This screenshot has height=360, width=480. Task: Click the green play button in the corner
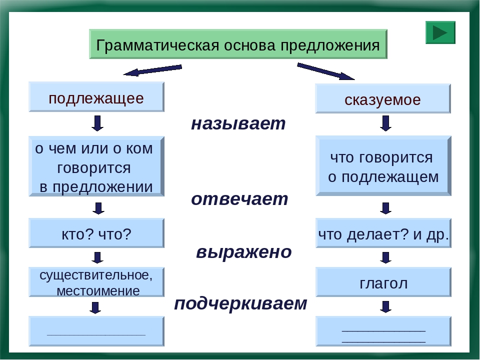[440, 32]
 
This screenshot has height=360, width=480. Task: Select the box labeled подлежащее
[96, 97]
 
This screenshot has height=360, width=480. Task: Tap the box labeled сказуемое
[383, 99]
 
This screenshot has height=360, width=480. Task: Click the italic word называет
[238, 123]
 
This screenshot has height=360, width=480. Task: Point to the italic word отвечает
[239, 199]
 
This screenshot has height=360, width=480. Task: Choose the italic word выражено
[243, 251]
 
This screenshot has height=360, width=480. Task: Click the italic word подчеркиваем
[240, 303]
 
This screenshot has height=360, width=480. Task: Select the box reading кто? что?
[96, 233]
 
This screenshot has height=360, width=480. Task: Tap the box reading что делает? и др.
[383, 233]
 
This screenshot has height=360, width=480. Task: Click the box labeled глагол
[383, 283]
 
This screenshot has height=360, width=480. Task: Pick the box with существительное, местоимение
[96, 282]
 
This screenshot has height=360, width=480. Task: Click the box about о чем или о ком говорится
[96, 166]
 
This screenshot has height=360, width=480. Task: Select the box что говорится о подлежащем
[383, 166]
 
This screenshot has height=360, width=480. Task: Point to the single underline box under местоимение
[96, 331]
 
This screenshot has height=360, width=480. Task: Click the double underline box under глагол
[383, 331]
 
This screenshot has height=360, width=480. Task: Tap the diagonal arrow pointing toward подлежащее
[152, 70]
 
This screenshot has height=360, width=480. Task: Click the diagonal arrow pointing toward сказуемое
[325, 71]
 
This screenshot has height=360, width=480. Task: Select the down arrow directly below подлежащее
[98, 123]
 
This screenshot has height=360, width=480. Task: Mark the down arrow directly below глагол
[385, 306]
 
